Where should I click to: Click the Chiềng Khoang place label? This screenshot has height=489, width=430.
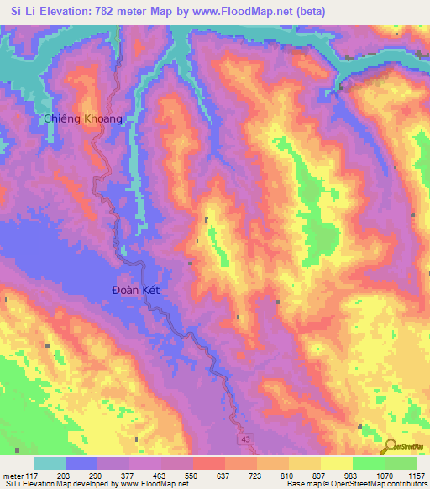83,118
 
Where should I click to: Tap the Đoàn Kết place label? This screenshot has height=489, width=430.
135,290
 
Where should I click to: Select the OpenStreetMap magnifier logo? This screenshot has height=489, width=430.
391,446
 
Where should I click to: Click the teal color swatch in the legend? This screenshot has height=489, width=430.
50,463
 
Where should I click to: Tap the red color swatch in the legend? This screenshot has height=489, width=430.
209,463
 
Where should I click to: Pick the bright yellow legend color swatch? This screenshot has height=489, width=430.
337,463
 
